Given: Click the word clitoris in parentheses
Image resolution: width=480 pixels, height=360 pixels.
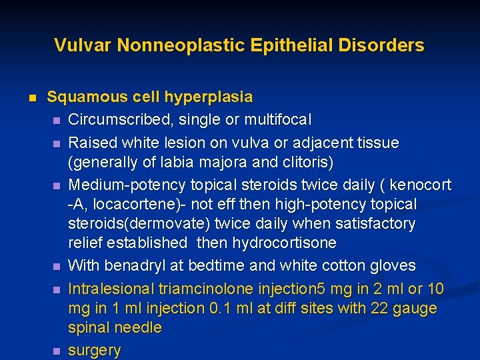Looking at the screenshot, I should click(303, 163).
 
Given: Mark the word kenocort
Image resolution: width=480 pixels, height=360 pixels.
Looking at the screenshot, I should click(420, 184).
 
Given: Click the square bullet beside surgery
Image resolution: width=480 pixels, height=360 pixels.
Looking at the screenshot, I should click(57, 350).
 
